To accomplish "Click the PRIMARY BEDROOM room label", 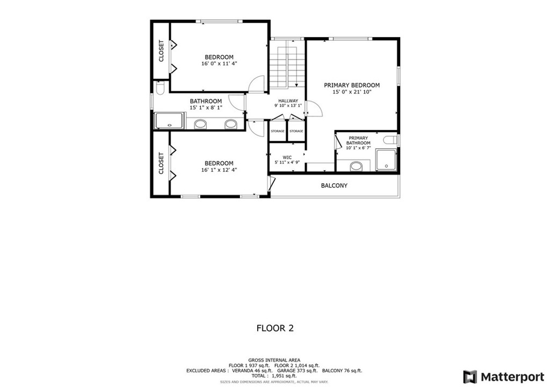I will click(x=352, y=85).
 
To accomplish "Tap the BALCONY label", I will click(x=334, y=186).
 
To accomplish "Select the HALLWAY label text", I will click(x=288, y=101).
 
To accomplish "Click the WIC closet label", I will click(x=287, y=157).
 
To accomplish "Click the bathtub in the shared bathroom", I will click(x=170, y=121).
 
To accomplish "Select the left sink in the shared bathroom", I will click(x=200, y=125).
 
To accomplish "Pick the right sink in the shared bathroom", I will click(x=230, y=125).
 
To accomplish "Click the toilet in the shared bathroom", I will click(x=160, y=88).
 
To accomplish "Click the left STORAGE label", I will click(x=278, y=131).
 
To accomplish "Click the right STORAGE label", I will click(x=296, y=131).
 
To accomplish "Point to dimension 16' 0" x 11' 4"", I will click(x=219, y=63).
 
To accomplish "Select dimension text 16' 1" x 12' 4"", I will click(x=219, y=170).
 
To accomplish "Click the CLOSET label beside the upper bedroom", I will click(x=161, y=51).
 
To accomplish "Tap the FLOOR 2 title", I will click(x=275, y=328).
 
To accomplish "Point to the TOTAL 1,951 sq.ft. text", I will click(x=274, y=376).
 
